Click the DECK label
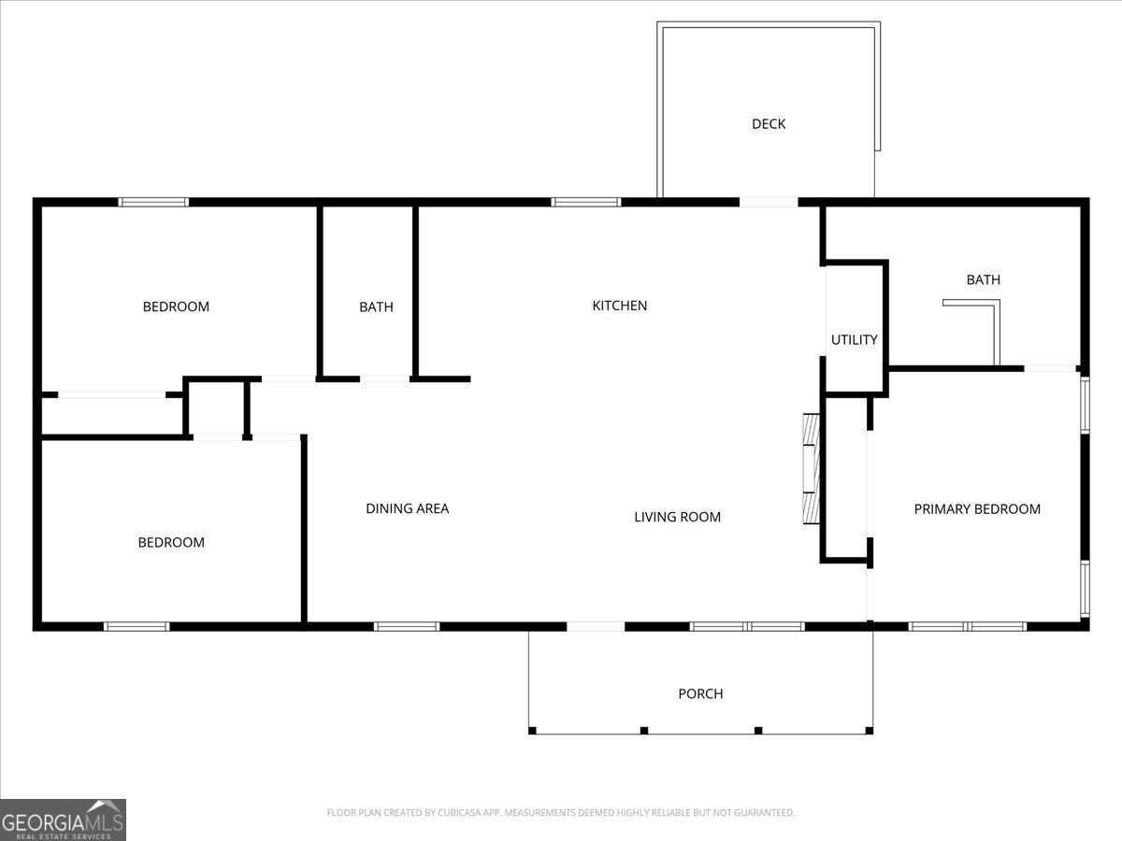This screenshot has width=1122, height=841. click(769, 123)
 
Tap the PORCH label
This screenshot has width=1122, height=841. click(700, 693)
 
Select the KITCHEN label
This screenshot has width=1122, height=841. click(619, 306)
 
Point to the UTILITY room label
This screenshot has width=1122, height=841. click(854, 339)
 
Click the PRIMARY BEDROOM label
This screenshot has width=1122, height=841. click(976, 509)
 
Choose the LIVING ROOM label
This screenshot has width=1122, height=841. click(677, 517)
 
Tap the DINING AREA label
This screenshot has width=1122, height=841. click(407, 509)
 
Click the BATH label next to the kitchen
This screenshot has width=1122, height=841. click(376, 306)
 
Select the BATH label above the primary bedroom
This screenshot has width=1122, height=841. click(983, 279)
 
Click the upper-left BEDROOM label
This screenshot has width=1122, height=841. click(176, 306)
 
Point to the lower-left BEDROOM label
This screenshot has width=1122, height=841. click(171, 542)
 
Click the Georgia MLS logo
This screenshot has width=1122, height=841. click(63, 820)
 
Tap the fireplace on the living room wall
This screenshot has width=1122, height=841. click(810, 468)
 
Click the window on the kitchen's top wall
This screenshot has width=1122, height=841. click(585, 202)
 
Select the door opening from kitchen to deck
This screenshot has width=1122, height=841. click(769, 202)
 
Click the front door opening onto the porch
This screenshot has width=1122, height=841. click(596, 626)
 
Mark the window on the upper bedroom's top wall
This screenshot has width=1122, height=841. click(153, 202)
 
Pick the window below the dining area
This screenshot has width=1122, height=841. click(407, 626)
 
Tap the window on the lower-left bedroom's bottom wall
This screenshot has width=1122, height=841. click(137, 626)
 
